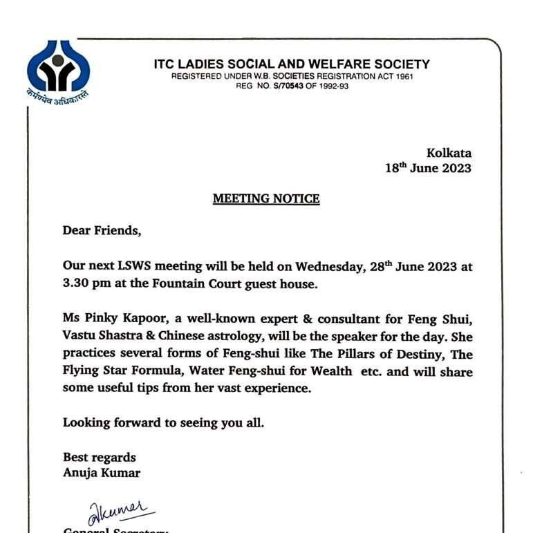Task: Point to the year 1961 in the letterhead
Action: [401, 76]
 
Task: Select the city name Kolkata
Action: [449, 153]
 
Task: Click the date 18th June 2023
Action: [428, 168]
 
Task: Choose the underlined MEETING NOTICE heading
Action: [266, 199]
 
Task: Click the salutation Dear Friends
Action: [102, 231]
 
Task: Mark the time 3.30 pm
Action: [86, 283]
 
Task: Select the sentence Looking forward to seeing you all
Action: [163, 422]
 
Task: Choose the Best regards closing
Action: [100, 457]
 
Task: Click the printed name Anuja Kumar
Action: [102, 473]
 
